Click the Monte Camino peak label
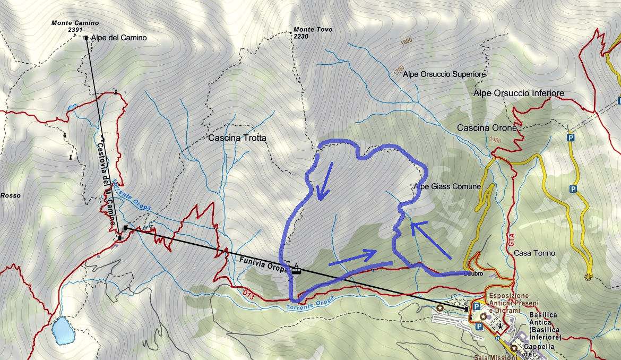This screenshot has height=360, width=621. point(75,23)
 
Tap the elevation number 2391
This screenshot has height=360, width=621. point(75,30)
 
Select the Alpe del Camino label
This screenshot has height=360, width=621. point(118,38)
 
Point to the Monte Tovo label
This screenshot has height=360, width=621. point(313,30)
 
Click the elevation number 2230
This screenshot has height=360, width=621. point(301,37)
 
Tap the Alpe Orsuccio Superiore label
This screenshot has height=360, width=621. point(444,74)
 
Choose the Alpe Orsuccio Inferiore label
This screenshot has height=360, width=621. point(518,93)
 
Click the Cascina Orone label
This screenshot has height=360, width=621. point(486,128)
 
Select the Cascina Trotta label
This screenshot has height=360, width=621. point(237,138)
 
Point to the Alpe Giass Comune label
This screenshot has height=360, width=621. point(447,186)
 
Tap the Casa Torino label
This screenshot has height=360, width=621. point(534,253)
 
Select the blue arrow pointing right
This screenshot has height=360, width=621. point(353,258)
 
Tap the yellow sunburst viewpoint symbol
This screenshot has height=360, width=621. point(588,276)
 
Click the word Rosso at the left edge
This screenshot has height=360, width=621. point(11,195)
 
